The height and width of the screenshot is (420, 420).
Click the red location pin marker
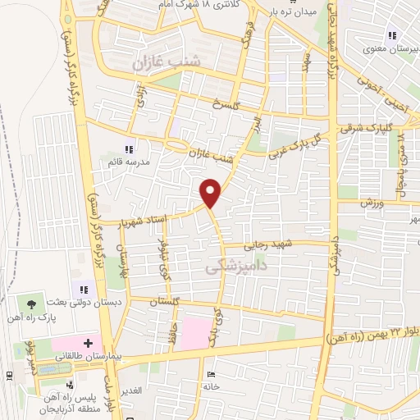(x=211, y=194)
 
